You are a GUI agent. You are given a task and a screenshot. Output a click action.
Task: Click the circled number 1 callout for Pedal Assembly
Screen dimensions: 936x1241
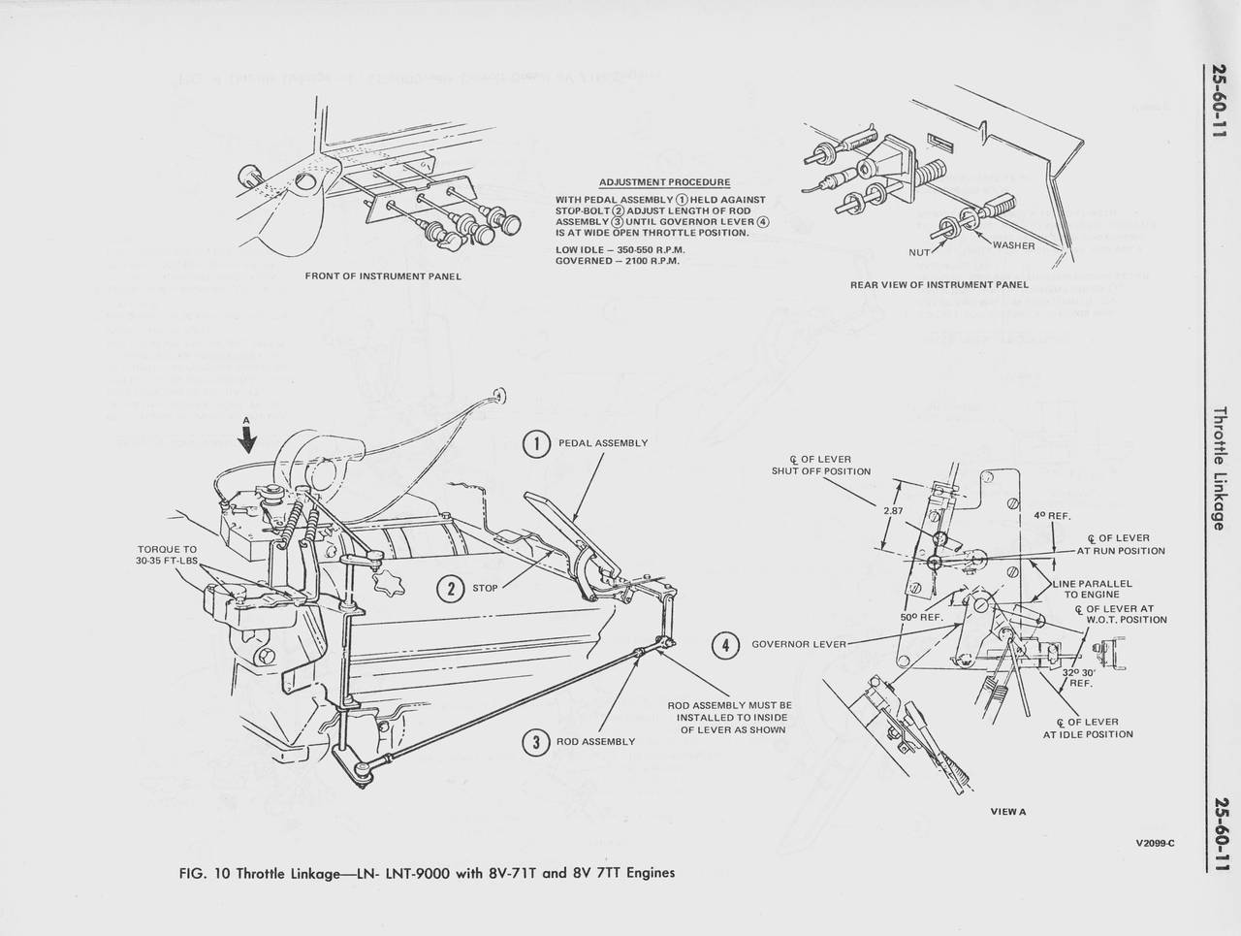[x=536, y=443]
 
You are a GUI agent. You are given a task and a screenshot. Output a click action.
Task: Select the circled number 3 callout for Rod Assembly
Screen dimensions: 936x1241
[x=534, y=742]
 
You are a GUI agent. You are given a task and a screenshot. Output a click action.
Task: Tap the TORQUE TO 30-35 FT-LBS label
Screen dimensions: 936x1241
[x=167, y=555]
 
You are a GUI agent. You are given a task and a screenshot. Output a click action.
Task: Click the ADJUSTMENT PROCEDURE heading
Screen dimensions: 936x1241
[x=664, y=182]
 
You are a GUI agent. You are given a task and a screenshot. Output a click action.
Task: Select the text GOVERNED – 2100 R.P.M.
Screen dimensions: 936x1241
[x=618, y=261]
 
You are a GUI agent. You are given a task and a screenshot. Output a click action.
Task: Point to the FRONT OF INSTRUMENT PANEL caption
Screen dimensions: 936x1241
[x=383, y=276]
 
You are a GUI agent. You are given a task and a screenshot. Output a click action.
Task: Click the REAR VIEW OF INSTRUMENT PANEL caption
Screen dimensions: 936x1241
[x=939, y=285]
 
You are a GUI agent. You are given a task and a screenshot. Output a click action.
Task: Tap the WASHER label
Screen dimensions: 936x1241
[x=1013, y=245]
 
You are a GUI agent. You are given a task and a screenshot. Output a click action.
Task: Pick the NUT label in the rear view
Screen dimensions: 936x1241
[x=919, y=252]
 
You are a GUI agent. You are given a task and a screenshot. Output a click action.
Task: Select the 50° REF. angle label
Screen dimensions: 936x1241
[x=922, y=617]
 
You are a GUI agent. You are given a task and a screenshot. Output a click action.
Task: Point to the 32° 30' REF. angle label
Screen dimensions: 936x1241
[x=1079, y=677]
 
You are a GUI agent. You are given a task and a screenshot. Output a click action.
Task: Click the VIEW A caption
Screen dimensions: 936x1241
[x=1007, y=811]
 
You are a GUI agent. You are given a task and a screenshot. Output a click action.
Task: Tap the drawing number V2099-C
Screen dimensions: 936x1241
[x=1155, y=842]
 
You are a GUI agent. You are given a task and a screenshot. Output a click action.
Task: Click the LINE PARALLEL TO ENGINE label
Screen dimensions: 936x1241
[x=1092, y=589]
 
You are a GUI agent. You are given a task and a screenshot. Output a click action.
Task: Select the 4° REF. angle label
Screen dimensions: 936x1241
[x=1052, y=516]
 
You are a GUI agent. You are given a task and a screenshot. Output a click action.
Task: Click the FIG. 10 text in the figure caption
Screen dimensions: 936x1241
[x=204, y=872]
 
